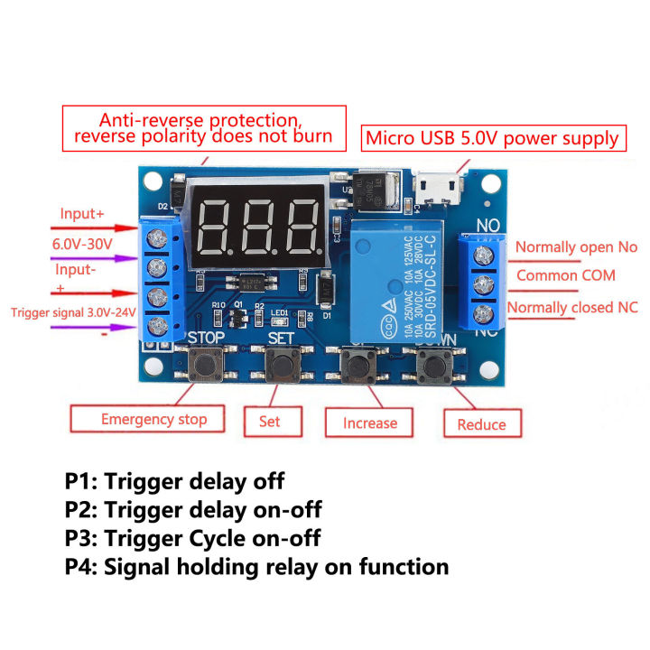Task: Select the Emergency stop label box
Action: [153, 419]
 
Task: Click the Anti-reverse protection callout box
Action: [203, 128]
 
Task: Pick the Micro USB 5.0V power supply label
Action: [493, 138]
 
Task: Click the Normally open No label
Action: [576, 247]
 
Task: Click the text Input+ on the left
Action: [82, 214]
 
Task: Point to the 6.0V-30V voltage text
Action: [83, 244]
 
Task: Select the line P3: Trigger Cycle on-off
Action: [192, 538]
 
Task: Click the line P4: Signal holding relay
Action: [256, 567]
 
